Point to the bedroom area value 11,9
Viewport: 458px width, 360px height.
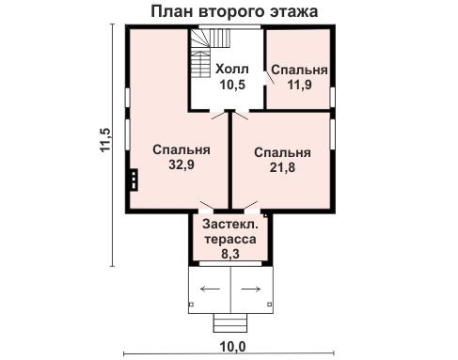299,86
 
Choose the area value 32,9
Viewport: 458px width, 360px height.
181,164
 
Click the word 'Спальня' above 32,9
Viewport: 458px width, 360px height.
181,149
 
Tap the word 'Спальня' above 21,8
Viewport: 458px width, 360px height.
282,152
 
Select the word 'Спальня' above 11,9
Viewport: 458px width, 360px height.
299,70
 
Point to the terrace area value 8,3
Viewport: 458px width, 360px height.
230,253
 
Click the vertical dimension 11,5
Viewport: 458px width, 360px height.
106,139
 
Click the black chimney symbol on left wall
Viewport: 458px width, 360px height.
134,180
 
